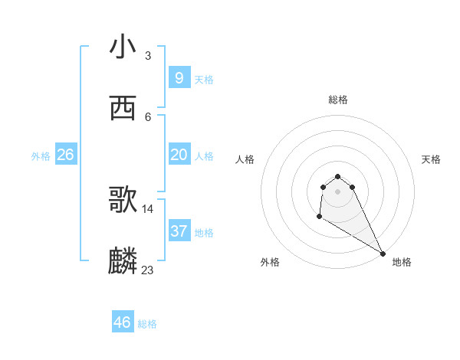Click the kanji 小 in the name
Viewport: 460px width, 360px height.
point(123,47)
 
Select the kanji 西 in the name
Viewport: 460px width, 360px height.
point(123,109)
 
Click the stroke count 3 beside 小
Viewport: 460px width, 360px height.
point(147,55)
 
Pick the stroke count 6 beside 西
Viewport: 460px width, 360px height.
point(147,116)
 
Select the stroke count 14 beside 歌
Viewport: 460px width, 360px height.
point(148,208)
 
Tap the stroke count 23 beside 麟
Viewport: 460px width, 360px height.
point(148,270)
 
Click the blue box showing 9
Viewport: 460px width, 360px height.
point(179,77)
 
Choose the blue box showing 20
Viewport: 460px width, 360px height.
point(179,155)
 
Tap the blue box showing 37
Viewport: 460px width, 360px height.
point(179,231)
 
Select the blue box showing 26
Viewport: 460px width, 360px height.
point(65,155)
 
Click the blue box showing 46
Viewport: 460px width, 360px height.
point(122,322)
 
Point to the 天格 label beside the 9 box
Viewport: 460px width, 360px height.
point(204,79)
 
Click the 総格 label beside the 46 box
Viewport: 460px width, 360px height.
point(147,324)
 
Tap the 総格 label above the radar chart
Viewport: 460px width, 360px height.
point(337,100)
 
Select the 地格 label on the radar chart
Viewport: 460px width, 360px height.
point(402,262)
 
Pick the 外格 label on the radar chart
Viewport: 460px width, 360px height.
point(270,262)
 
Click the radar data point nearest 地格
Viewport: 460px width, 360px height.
point(383,253)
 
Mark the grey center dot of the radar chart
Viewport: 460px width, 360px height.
point(337,191)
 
